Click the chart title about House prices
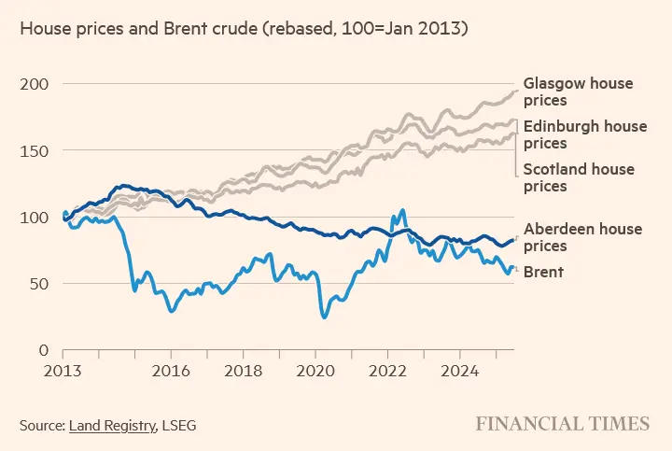click(x=244, y=30)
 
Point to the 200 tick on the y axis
click(x=35, y=84)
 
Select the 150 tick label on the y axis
click(x=35, y=150)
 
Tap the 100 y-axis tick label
click(x=35, y=218)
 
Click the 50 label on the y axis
click(x=39, y=284)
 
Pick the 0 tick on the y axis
click(x=44, y=350)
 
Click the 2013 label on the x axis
click(x=63, y=370)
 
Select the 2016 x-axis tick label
click(x=172, y=370)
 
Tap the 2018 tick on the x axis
click(x=244, y=370)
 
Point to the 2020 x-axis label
click(x=315, y=370)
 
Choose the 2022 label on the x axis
click(x=387, y=370)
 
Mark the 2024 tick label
click(x=459, y=370)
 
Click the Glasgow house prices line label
click(x=578, y=92)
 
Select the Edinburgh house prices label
click(x=584, y=134)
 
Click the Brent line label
click(x=543, y=272)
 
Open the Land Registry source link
click(x=112, y=426)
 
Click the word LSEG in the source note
click(x=178, y=426)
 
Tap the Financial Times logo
click(x=562, y=424)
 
